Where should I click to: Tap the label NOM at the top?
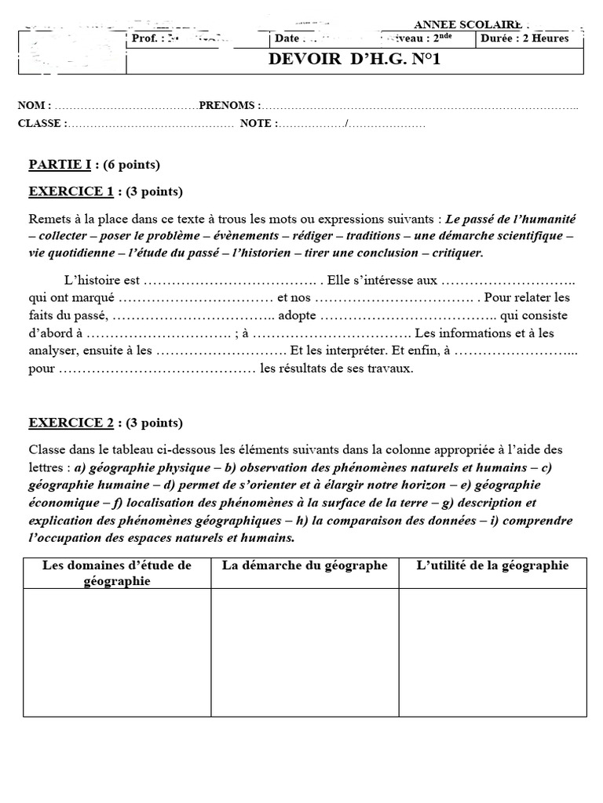pyautogui.click(x=34, y=105)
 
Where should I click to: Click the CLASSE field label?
pyautogui.click(x=42, y=123)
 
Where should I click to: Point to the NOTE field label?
pyautogui.click(x=258, y=123)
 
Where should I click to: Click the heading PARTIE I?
pyautogui.click(x=60, y=165)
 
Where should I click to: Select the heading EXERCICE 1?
pyautogui.click(x=71, y=191)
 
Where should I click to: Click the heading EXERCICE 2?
pyautogui.click(x=71, y=423)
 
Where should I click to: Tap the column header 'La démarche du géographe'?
pyautogui.click(x=305, y=565)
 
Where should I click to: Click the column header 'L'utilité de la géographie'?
pyautogui.click(x=492, y=565)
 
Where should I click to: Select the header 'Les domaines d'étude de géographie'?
pyautogui.click(x=117, y=572)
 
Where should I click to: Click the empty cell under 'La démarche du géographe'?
pyautogui.click(x=305, y=652)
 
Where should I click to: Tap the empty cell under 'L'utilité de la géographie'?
pyautogui.click(x=492, y=652)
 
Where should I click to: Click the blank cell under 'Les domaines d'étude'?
pyautogui.click(x=117, y=652)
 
